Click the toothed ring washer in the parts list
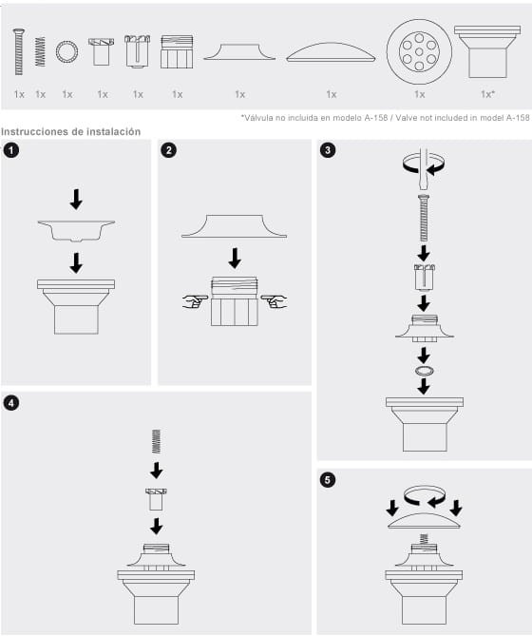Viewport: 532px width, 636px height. [x=66, y=52]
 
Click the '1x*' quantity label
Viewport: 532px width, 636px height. [x=486, y=94]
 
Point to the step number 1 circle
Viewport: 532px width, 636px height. [x=11, y=150]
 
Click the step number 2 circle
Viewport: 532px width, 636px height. [x=168, y=150]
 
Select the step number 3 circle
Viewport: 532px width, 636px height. [x=328, y=150]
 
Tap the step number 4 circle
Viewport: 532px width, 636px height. [x=11, y=402]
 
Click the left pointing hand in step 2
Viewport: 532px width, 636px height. [x=195, y=301]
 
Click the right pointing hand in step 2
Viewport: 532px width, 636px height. [x=277, y=301]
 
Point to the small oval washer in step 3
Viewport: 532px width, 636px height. [x=424, y=369]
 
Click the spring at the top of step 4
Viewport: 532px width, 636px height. [x=157, y=442]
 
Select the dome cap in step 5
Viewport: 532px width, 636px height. [x=424, y=521]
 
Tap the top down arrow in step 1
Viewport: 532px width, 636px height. [x=77, y=199]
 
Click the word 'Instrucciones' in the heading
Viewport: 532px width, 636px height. [x=35, y=132]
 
